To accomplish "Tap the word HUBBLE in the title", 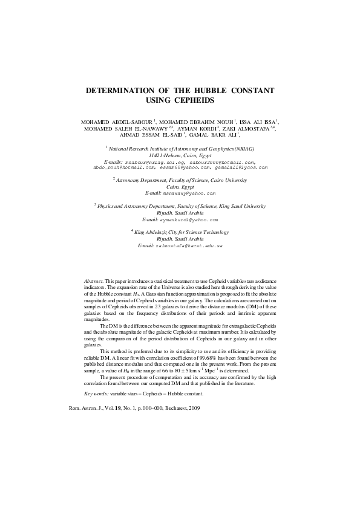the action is [216, 90].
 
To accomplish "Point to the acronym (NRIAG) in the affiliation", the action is [241, 149].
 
